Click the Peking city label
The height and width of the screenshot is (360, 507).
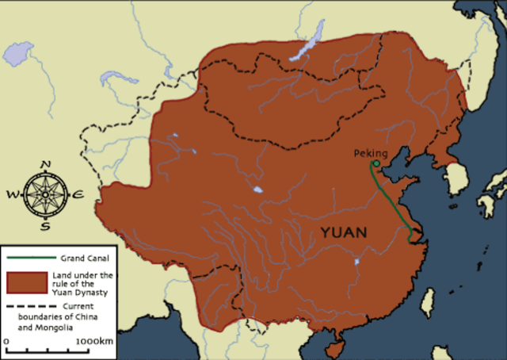pyautogui.click(x=371, y=152)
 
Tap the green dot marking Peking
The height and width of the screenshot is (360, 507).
pyautogui.click(x=375, y=164)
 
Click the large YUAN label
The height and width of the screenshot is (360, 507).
pyautogui.click(x=344, y=232)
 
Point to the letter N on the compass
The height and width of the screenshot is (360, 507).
pyautogui.click(x=45, y=165)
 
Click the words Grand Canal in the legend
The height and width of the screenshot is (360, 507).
pyautogui.click(x=83, y=259)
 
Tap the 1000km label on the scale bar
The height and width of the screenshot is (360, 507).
pyautogui.click(x=93, y=341)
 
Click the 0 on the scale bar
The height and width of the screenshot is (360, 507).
pyautogui.click(x=6, y=341)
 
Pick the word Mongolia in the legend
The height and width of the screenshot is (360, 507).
pyautogui.click(x=76, y=327)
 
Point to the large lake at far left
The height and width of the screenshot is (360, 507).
pyautogui.click(x=17, y=54)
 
